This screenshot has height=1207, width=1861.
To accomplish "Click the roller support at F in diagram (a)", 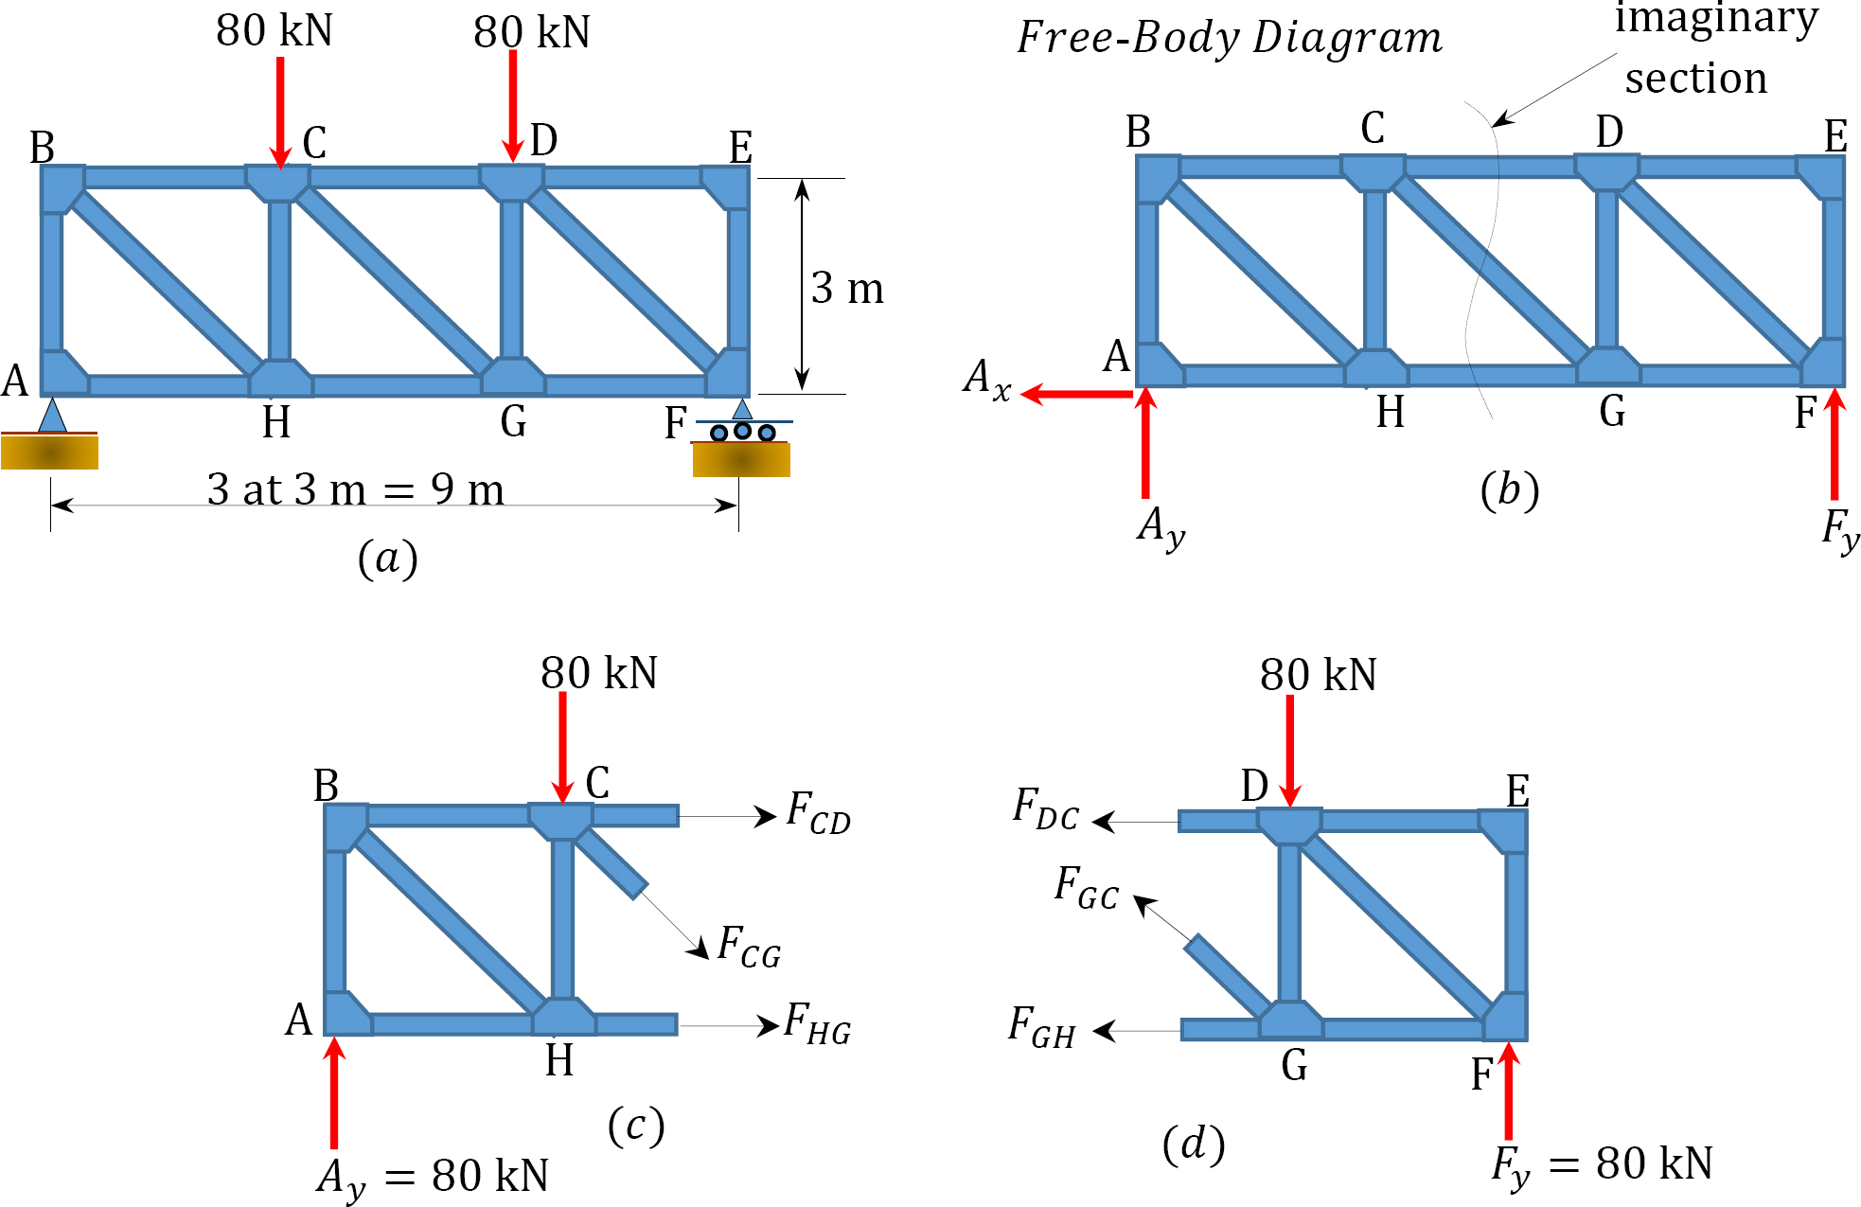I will click(x=743, y=431).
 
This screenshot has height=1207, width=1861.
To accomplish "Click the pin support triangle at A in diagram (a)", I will click(x=52, y=417).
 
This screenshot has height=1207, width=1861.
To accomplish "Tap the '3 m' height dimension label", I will click(x=847, y=288).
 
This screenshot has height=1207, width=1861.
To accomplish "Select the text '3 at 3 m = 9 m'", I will click(x=355, y=489).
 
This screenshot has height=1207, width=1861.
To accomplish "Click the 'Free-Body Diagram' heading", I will click(x=1229, y=38).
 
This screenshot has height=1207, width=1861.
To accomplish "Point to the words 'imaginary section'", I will click(x=1704, y=47).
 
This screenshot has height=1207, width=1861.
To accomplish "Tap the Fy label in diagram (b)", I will click(x=1840, y=530).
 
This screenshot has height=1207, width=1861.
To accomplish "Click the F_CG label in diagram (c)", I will click(x=749, y=946).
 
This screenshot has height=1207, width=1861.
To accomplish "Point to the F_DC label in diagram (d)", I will click(x=1045, y=809).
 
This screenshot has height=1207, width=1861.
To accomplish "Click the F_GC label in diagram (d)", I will click(x=1087, y=888).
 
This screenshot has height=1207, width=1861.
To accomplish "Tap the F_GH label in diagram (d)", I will click(x=1041, y=1028).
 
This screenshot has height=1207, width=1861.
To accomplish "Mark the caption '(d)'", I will click(x=1194, y=1145).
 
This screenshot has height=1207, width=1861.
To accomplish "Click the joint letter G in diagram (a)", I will click(x=513, y=421).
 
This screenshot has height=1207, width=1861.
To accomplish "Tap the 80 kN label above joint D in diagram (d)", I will click(x=1318, y=675).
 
